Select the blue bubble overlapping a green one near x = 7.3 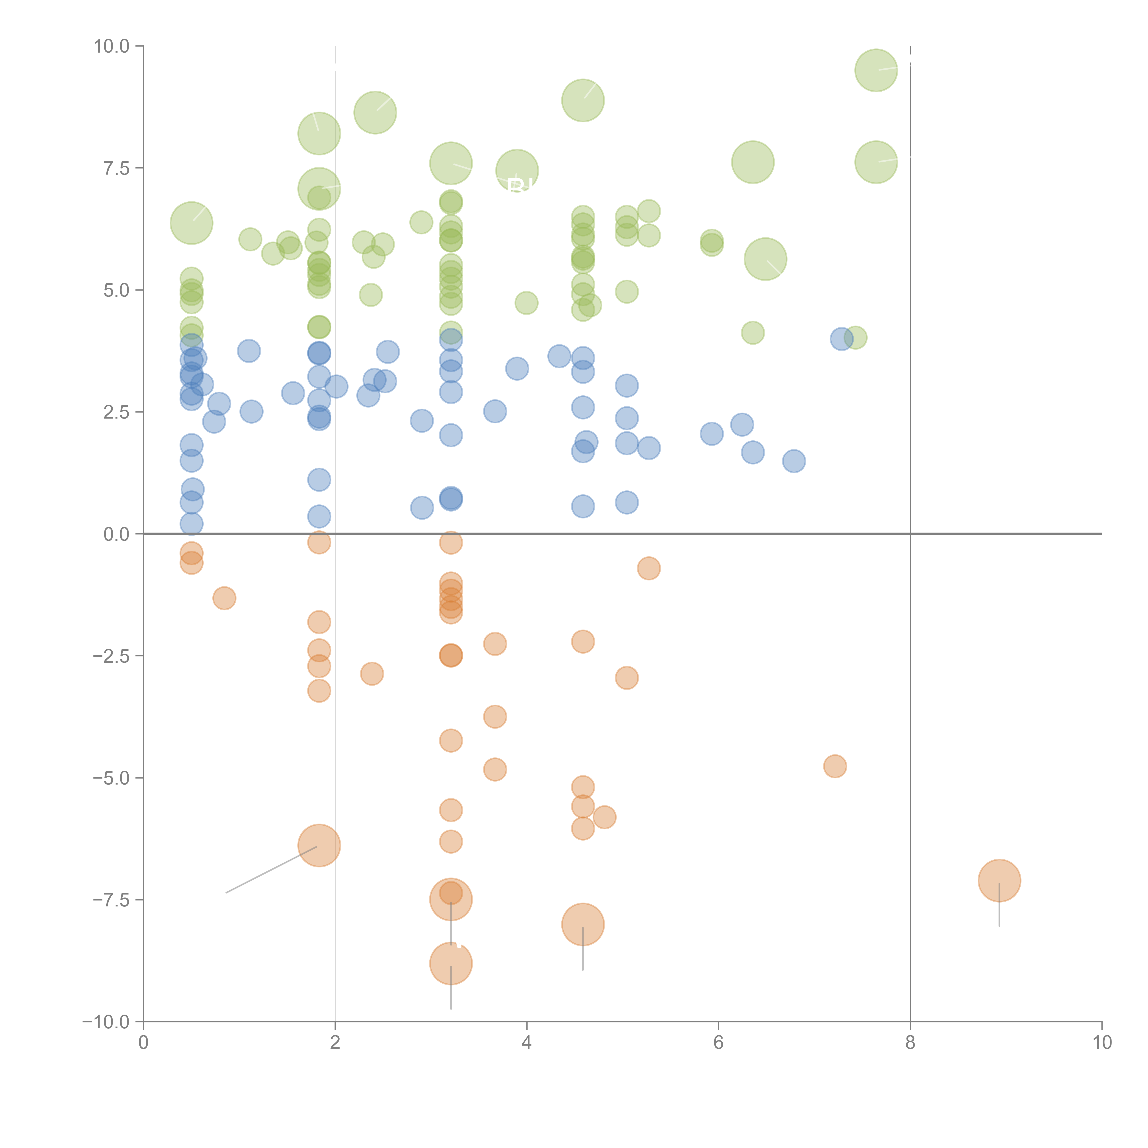[841, 339]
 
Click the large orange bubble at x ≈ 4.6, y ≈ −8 [583, 925]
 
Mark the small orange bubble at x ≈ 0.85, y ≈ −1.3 [224, 598]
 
